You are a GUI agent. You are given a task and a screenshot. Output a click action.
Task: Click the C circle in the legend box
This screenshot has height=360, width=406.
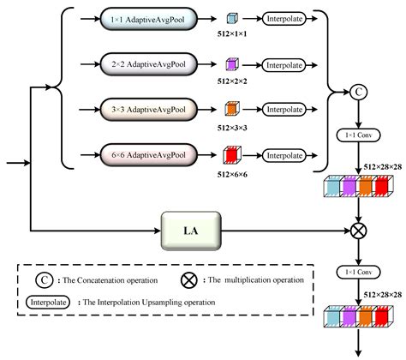(x=41, y=280)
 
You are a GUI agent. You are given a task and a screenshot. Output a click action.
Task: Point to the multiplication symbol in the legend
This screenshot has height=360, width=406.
(x=187, y=280)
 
